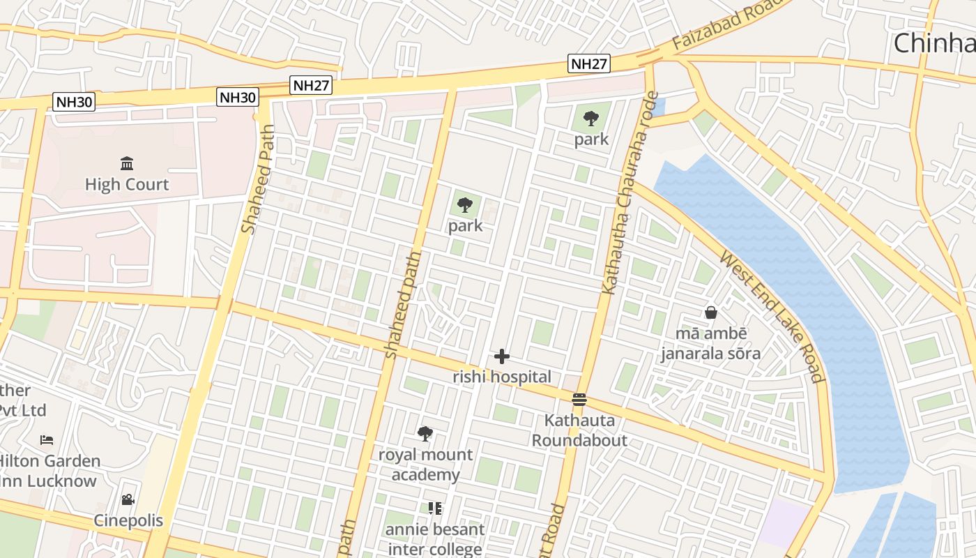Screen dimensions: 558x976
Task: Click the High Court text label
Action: pyautogui.click(x=127, y=185)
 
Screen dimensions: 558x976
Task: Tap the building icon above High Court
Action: pyautogui.click(x=127, y=164)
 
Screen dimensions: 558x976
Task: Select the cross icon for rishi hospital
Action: pyautogui.click(x=501, y=356)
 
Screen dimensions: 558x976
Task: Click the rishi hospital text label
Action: pyautogui.click(x=502, y=377)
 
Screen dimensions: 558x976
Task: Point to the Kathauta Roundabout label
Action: pyautogui.click(x=579, y=430)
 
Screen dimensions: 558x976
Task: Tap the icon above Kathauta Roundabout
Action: pyautogui.click(x=579, y=400)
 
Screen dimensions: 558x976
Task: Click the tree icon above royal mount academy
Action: pyautogui.click(x=425, y=434)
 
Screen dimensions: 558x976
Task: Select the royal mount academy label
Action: pyautogui.click(x=425, y=465)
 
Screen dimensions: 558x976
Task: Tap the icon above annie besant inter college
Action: pyautogui.click(x=435, y=508)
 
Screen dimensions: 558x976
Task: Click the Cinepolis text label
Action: pyautogui.click(x=128, y=520)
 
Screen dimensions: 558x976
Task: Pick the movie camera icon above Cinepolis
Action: pyautogui.click(x=128, y=499)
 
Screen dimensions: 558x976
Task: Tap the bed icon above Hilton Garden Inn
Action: pyautogui.click(x=47, y=440)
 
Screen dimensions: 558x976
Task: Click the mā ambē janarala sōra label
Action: pyautogui.click(x=710, y=343)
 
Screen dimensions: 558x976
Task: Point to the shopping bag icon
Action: pyautogui.click(x=711, y=312)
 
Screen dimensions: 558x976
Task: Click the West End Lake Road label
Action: pyautogui.click(x=772, y=317)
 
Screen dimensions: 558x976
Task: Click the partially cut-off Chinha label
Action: pyautogui.click(x=934, y=43)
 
